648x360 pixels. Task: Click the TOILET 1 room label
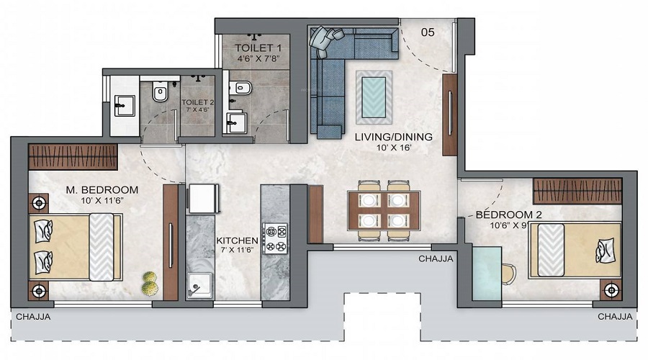258,48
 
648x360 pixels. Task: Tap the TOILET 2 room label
197,102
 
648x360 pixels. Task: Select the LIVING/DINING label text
393,137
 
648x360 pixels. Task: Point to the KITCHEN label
237,240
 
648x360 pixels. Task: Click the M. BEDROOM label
102,190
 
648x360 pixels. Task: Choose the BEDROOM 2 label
508,215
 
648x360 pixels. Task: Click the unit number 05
428,32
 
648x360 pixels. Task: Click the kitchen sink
199,285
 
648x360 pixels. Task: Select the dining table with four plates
384,210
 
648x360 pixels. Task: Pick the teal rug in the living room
374,97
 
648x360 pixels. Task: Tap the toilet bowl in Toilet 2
160,91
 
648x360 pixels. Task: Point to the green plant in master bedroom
150,284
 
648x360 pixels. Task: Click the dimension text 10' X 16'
393,148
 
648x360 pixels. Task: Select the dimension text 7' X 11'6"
237,250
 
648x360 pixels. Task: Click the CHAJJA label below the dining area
436,258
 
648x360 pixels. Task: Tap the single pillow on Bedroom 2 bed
605,250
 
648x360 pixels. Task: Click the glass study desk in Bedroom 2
487,273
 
